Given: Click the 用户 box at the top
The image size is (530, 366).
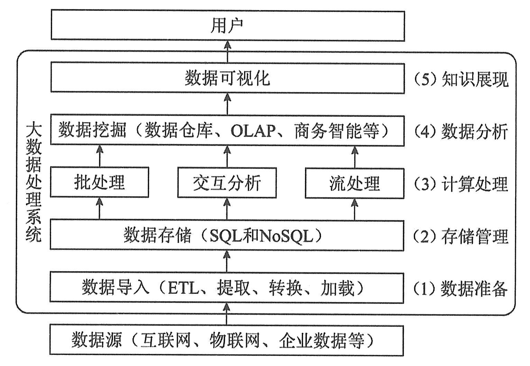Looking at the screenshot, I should click(x=227, y=25).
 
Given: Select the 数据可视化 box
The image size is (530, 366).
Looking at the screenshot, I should click(x=227, y=78).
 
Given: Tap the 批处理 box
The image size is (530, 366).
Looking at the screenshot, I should click(x=99, y=182).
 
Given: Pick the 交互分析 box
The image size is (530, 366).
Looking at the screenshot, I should click(x=227, y=183).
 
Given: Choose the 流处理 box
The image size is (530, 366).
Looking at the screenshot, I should click(x=355, y=183).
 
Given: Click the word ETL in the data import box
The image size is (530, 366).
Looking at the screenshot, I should click(x=183, y=288).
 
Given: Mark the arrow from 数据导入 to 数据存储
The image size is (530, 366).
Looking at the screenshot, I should click(x=227, y=262).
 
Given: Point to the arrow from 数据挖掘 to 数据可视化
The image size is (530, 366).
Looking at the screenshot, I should click(x=227, y=104).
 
